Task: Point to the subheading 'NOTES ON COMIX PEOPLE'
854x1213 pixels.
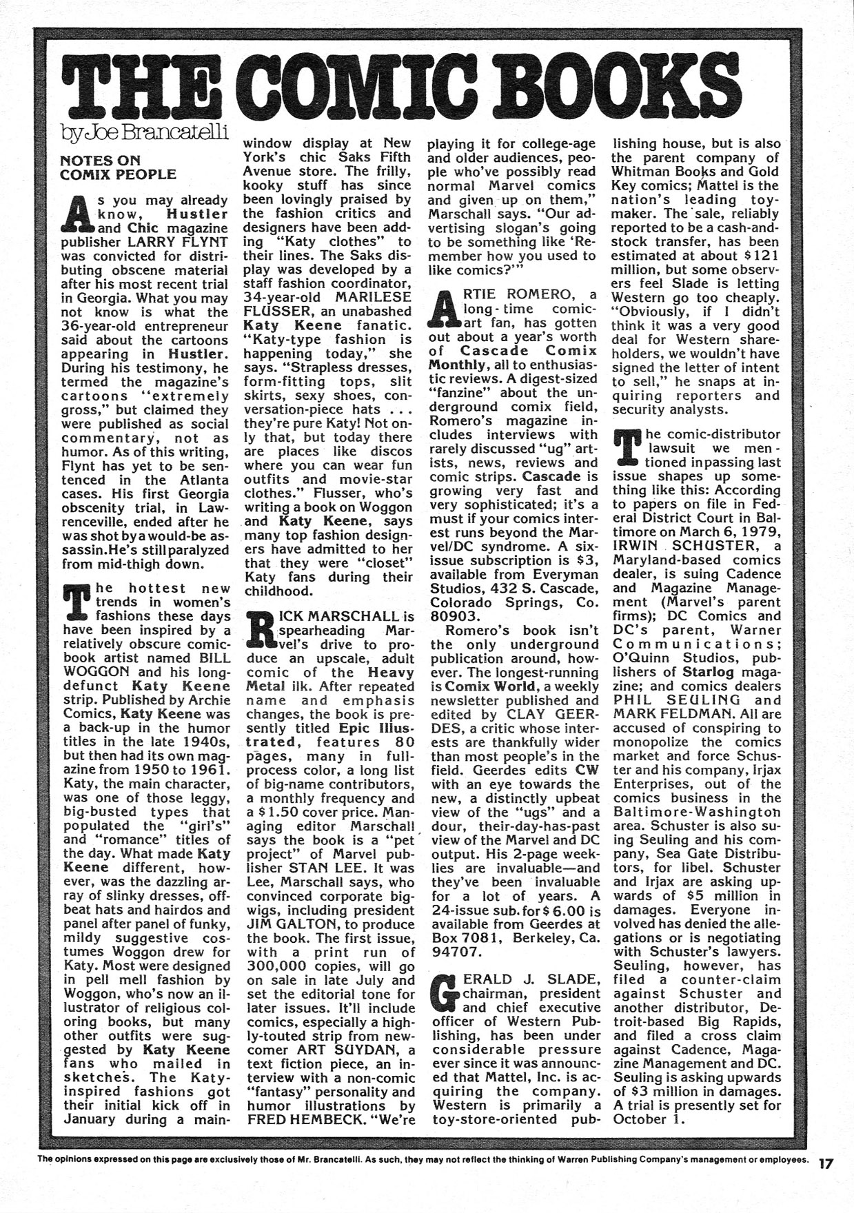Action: coord(119,167)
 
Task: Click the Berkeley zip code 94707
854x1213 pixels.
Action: coord(456,952)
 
